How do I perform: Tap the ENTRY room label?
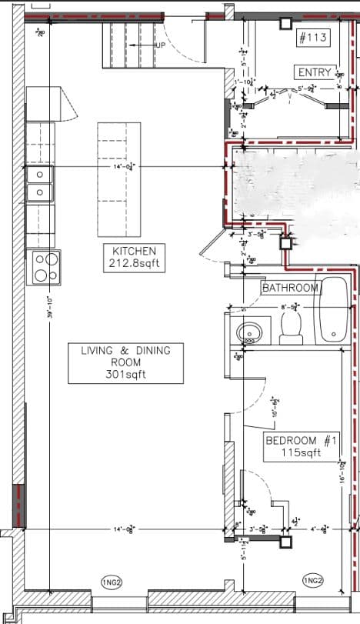click(x=314, y=72)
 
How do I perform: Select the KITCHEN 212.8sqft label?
click(x=135, y=258)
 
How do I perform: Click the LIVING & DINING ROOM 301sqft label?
click(x=125, y=362)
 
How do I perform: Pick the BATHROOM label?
click(x=290, y=288)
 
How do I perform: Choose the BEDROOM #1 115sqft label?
click(x=302, y=447)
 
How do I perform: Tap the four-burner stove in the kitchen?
click(x=43, y=266)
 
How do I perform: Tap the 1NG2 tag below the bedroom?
click(x=312, y=579)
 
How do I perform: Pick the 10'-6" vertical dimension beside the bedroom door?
click(x=274, y=407)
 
